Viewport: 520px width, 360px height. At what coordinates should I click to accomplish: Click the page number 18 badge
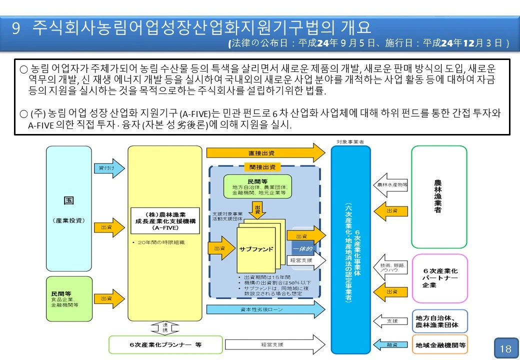505,348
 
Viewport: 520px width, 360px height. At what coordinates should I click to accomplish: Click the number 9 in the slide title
16,27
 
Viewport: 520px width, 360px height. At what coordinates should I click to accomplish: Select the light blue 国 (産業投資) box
69,208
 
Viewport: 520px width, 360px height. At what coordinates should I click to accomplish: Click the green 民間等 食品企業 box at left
69,298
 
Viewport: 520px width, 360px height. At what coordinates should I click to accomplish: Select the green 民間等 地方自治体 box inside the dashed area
258,186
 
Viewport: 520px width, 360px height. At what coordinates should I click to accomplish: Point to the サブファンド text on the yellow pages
256,248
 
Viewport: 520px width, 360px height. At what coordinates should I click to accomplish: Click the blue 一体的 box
301,248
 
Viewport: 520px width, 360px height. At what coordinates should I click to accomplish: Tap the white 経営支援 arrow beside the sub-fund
305,260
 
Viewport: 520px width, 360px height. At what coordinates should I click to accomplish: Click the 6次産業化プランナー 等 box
158,344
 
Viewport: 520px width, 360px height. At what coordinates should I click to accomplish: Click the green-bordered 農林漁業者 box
438,196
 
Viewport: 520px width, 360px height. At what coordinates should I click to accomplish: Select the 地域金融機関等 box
439,345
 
